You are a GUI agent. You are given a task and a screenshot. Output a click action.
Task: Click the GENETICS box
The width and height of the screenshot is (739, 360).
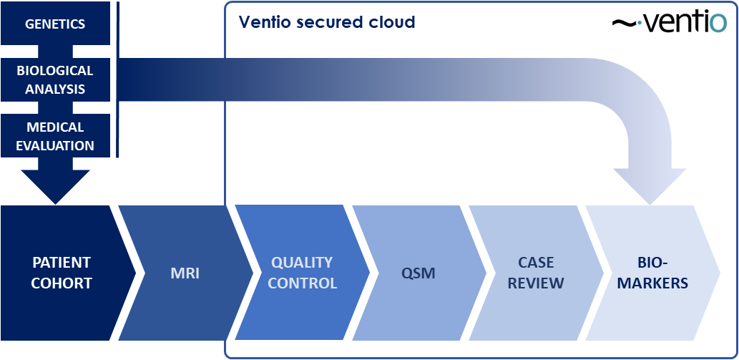55,24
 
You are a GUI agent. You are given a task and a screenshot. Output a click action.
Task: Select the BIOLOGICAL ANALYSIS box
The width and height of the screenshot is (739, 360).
55,79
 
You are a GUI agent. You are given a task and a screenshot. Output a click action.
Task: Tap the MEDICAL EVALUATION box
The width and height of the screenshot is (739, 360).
55,136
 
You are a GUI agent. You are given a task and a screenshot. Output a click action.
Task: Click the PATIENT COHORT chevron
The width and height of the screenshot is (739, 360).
61,273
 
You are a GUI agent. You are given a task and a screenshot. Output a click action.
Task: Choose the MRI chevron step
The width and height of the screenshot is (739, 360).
186,273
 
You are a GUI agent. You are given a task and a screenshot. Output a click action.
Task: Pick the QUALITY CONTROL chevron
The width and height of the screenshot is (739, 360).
303,273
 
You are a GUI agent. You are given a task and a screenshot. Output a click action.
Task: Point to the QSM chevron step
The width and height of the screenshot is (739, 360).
419,273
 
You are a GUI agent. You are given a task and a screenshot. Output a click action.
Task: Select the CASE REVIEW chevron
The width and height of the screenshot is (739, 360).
537,273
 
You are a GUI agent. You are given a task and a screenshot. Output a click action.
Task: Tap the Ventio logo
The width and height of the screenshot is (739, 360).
670,23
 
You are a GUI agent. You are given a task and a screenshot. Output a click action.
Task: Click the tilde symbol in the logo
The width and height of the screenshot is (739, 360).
624,24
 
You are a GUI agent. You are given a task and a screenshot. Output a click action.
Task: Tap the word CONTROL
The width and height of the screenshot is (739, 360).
303,283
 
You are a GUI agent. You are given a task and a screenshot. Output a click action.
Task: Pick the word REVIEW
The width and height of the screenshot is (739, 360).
537,283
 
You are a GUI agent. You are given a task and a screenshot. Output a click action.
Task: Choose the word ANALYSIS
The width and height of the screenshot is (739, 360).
55,89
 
